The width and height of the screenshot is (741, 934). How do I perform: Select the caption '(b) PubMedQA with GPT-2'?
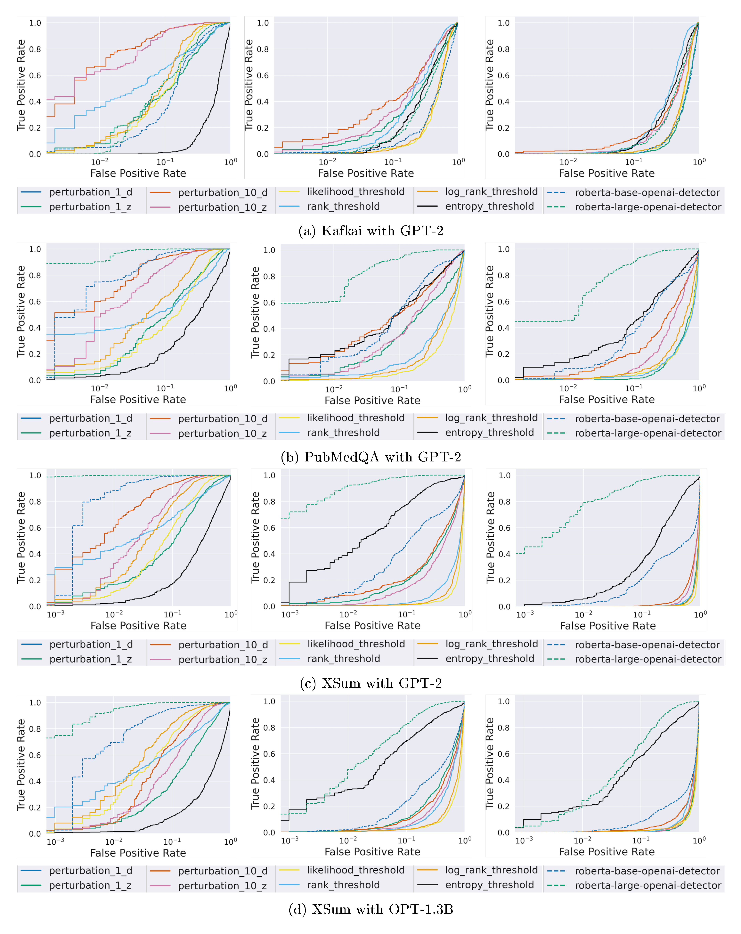371,457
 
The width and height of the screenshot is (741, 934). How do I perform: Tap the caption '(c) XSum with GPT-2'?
371,683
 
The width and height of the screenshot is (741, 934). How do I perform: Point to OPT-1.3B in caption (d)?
421,909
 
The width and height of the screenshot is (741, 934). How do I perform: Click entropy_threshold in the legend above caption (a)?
489,207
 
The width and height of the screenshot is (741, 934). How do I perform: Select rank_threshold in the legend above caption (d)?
343,885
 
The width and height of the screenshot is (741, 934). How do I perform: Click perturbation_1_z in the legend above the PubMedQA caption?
90,433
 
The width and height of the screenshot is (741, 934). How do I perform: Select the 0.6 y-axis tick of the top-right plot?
503,75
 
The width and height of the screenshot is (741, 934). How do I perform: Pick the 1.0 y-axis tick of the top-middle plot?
263,23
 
